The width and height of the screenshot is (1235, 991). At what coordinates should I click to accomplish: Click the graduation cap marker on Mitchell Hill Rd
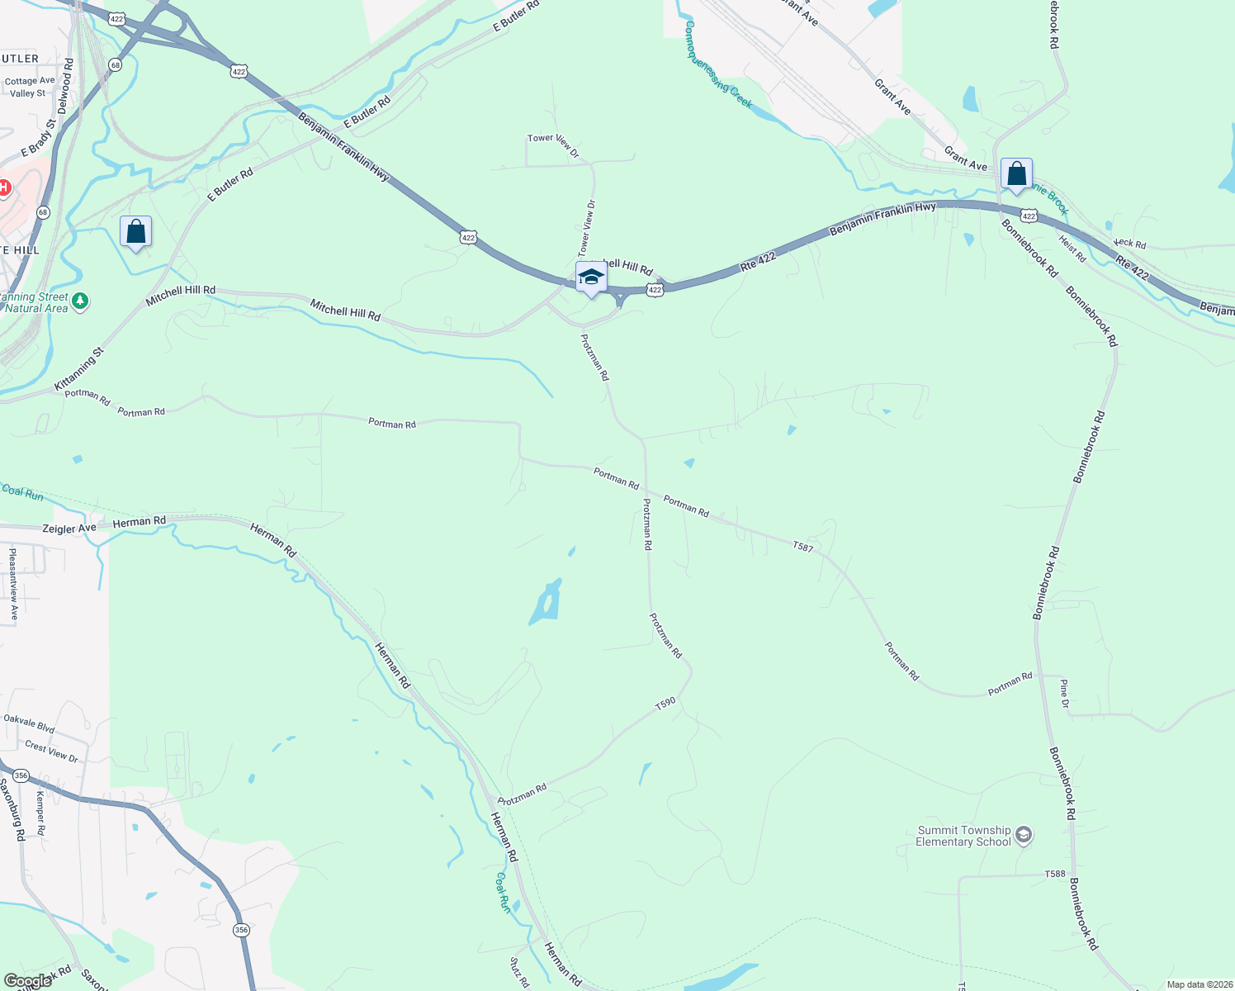click(x=591, y=277)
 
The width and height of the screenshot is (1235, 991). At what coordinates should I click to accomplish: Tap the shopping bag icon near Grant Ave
click(x=1016, y=174)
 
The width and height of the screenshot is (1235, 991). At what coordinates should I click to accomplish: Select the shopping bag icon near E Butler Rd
click(x=135, y=232)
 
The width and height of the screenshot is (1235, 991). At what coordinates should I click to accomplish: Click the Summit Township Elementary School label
click(x=963, y=836)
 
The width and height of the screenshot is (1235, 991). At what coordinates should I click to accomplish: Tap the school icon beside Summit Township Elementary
click(x=1024, y=835)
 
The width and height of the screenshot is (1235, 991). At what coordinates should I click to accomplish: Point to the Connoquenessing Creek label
click(x=717, y=64)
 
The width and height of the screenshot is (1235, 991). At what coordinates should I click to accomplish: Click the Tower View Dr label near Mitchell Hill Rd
click(x=586, y=227)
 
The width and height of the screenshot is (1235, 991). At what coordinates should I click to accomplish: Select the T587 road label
click(x=802, y=546)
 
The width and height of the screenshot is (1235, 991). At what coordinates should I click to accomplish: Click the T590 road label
click(x=665, y=704)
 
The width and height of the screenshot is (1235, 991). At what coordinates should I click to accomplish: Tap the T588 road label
click(x=1055, y=874)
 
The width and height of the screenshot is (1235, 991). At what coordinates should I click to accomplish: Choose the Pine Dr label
click(x=1065, y=694)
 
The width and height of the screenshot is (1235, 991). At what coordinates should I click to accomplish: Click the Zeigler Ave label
click(x=69, y=528)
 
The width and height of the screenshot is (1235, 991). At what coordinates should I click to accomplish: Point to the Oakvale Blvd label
click(x=29, y=723)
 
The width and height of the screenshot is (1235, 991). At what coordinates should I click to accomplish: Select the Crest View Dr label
click(x=51, y=752)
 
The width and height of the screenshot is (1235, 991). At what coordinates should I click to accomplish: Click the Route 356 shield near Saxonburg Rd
click(x=21, y=775)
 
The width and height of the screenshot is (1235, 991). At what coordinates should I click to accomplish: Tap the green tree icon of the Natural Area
click(x=80, y=301)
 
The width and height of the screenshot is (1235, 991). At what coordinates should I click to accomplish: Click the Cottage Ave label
click(x=30, y=81)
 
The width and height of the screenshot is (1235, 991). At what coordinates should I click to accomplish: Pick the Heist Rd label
click(x=1072, y=249)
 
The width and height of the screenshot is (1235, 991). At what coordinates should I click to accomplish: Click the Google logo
click(x=27, y=981)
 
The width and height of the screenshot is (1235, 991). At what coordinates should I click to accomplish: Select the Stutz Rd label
click(x=519, y=973)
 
